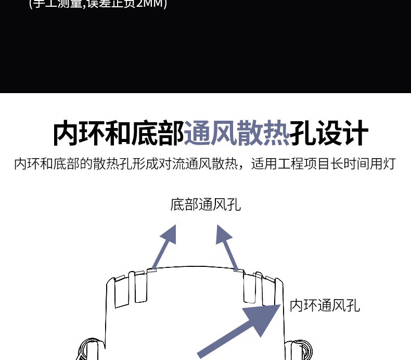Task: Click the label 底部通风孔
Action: coord(205,204)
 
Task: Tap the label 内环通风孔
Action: coord(325,305)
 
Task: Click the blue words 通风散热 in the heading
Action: coord(237,134)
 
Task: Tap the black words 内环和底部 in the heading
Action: coord(119,134)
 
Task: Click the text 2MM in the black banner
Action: coord(155,5)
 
